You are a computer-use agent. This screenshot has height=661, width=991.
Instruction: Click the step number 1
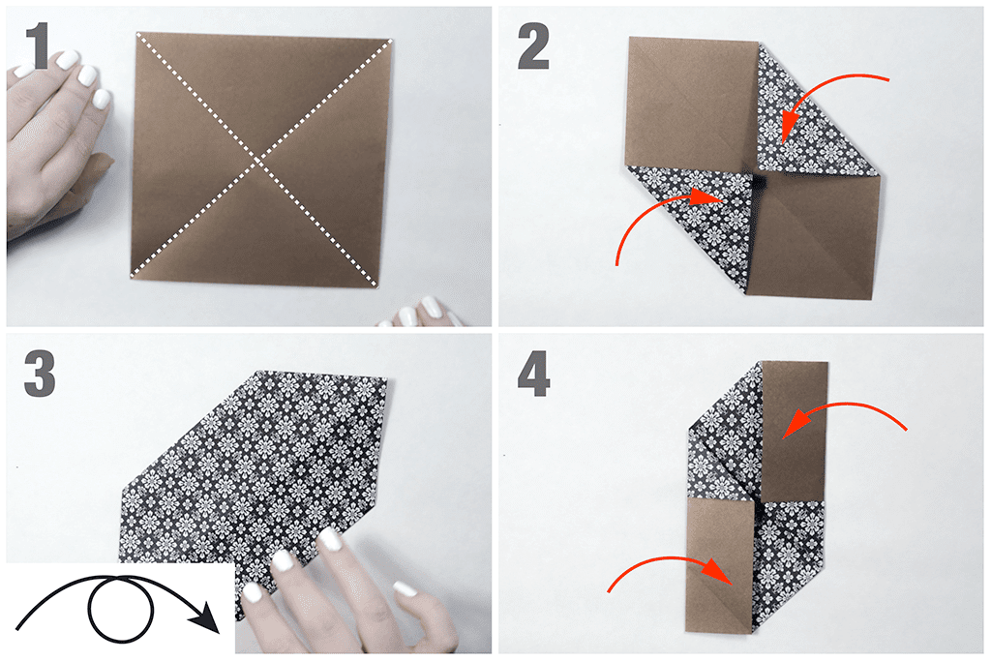coord(38,45)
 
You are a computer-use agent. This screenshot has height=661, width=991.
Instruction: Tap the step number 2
coord(533,45)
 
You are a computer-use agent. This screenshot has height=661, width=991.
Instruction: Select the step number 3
coord(39,374)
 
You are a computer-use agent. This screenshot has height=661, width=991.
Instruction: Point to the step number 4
coord(534,374)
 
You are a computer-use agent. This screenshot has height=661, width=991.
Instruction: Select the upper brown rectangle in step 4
coord(794,430)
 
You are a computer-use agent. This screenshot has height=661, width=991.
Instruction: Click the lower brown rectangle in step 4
coord(720,565)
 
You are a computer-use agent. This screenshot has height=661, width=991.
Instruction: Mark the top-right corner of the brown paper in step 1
coord(392,41)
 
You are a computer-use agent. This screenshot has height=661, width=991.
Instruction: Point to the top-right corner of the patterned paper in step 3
coord(386,378)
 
